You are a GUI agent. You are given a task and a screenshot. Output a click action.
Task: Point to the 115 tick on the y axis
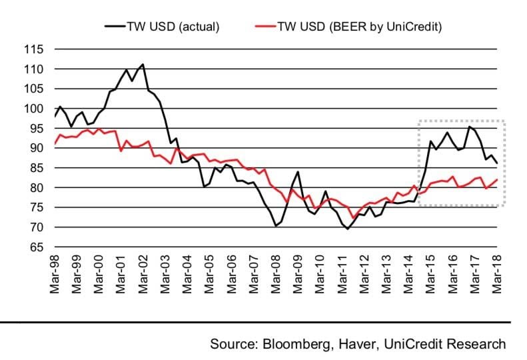click(33, 49)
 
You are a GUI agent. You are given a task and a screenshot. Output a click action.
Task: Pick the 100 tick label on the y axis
click(33, 109)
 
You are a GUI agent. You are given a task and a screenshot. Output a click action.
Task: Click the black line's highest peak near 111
click(143, 65)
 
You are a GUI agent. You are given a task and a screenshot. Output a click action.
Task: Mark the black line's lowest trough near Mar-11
click(347, 229)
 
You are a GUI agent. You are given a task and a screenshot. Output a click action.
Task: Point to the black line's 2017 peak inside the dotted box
click(470, 127)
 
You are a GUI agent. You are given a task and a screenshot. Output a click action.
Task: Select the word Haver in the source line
click(352, 344)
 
